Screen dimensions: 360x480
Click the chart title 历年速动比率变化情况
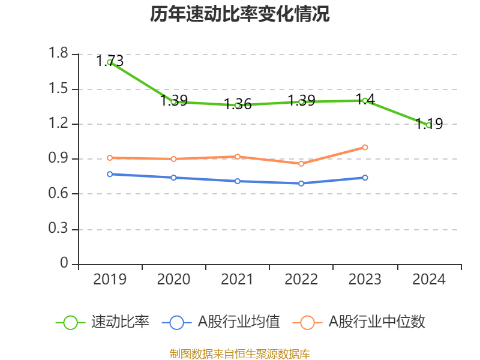pos(240,14)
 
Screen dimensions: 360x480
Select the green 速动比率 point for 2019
pos(110,62)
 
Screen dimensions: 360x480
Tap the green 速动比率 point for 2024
pos(428,125)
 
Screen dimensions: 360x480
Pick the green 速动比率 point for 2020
pos(173,102)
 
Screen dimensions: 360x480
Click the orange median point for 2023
pos(365,147)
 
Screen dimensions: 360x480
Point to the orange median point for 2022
pos(301,164)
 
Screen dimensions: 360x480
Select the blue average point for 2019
pos(110,174)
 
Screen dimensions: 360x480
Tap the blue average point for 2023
pos(365,178)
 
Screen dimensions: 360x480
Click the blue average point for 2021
pos(238,181)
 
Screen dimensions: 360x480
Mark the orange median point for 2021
pos(238,157)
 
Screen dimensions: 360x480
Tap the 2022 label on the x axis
pos(301,280)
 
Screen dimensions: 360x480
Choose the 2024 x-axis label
pos(428,280)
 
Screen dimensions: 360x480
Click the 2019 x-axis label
pos(110,280)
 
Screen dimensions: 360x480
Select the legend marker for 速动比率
pos(70,322)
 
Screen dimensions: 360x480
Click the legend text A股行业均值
pos(239,322)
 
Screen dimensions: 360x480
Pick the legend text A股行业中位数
pos(377,322)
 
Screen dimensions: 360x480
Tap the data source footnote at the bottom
pos(240,354)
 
